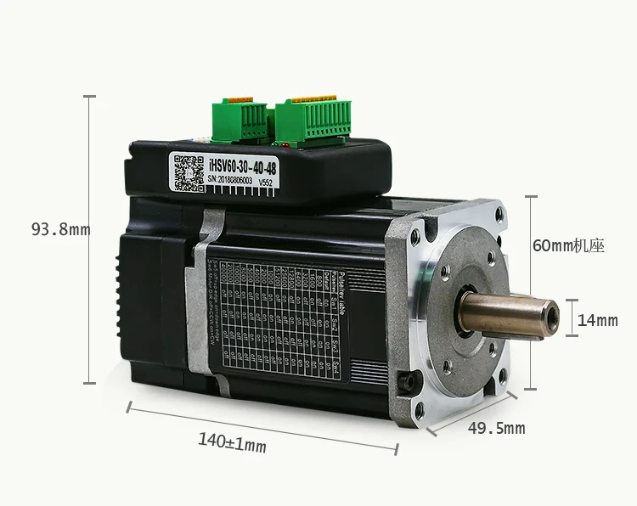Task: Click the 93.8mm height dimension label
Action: point(60,229)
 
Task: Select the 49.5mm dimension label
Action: point(496,428)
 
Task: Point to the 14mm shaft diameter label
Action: point(597,320)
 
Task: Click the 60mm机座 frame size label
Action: point(567,246)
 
